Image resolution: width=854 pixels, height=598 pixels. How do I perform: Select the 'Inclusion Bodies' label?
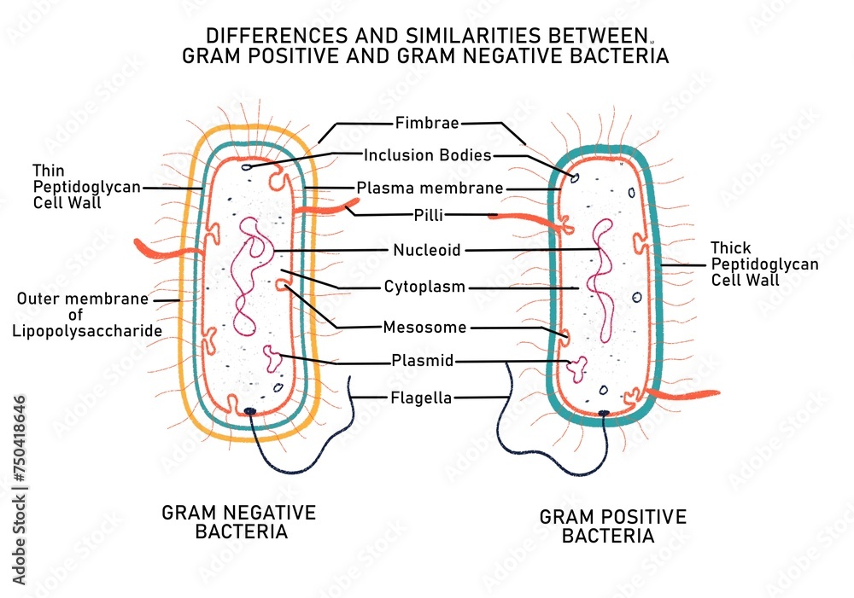coord(427,155)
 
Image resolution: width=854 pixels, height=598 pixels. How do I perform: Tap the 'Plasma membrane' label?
coord(430,188)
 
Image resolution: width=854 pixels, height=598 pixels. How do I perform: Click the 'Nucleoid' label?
coord(426,250)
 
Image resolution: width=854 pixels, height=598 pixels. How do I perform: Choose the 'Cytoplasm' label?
coord(424,287)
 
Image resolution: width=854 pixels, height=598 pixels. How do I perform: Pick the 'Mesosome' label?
coord(424,327)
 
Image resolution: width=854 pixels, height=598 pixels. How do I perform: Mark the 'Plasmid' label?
coord(422,361)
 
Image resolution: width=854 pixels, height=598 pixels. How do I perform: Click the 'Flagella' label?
coord(421,398)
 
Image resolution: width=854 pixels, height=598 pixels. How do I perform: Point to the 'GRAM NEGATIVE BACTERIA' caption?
coord(239,522)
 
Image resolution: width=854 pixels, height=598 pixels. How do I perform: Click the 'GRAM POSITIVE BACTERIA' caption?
coord(612,526)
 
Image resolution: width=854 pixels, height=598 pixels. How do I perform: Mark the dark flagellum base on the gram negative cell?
coord(250,411)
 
